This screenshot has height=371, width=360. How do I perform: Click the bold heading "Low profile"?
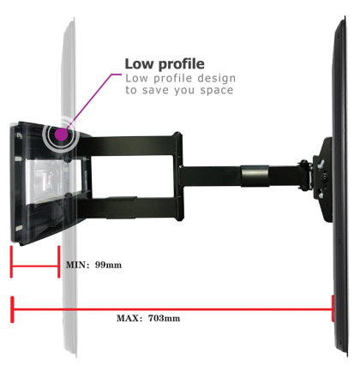pyautogui.click(x=165, y=64)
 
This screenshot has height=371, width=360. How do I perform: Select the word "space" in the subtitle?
pyautogui.click(x=217, y=91)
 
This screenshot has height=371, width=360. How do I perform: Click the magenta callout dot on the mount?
pyautogui.click(x=61, y=135)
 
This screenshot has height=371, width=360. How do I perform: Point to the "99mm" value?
pyautogui.click(x=108, y=265)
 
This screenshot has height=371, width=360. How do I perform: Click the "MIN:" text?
pyautogui.click(x=77, y=265)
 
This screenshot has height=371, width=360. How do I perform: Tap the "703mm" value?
pyautogui.click(x=164, y=318)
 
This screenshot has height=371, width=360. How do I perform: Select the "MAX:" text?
pyautogui.click(x=129, y=318)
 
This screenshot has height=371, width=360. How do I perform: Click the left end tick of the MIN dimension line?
pyautogui.click(x=11, y=261)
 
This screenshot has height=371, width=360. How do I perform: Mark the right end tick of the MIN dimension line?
pyautogui.click(x=59, y=261)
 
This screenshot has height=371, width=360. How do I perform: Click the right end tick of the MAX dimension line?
pyautogui.click(x=333, y=308)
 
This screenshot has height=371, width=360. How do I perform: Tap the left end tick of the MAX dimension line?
pyautogui.click(x=12, y=309)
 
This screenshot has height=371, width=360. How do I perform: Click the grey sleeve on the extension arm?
pyautogui.click(x=255, y=176)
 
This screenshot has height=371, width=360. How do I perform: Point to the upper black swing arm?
pyautogui.click(x=129, y=146)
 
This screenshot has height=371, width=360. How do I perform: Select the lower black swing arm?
pyautogui.click(x=129, y=208)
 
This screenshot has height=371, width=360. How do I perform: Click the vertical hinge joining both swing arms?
pyautogui.click(x=178, y=177)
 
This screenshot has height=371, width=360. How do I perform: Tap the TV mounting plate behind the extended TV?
pyautogui.click(x=323, y=179)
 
